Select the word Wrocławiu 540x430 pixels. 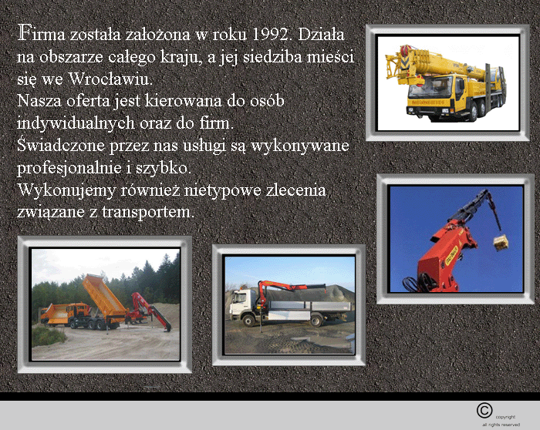pyautogui.click(x=110, y=79)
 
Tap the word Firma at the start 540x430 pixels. pyautogui.click(x=41, y=33)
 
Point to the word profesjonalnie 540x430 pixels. pyautogui.click(x=69, y=168)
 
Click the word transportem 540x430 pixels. pyautogui.click(x=148, y=212)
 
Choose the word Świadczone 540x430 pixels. pyautogui.click(x=61, y=145)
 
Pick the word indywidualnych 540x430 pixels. pyautogui.click(x=76, y=123)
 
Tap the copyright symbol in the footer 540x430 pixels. pyautogui.click(x=484, y=411)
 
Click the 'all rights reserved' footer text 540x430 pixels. pyautogui.click(x=501, y=425)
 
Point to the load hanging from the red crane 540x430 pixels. pyautogui.click(x=501, y=242)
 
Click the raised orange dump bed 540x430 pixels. pyautogui.click(x=104, y=295)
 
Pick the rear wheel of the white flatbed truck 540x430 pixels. pyautogui.click(x=316, y=321)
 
